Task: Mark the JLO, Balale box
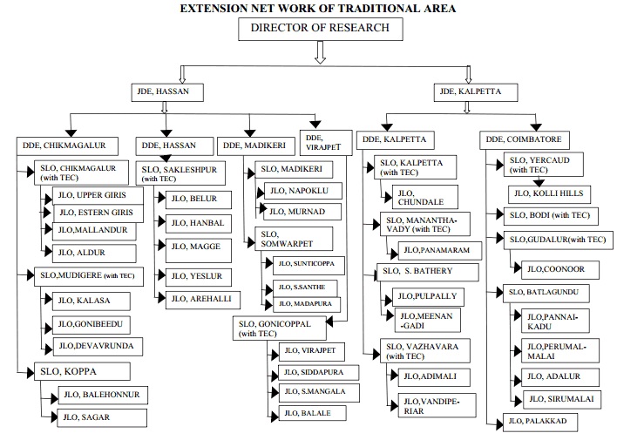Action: coord(308,413)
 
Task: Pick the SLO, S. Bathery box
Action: coord(427,273)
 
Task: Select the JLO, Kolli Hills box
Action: coord(553,193)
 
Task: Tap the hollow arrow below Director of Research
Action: coord(319,55)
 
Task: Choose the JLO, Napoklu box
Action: coord(304,190)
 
